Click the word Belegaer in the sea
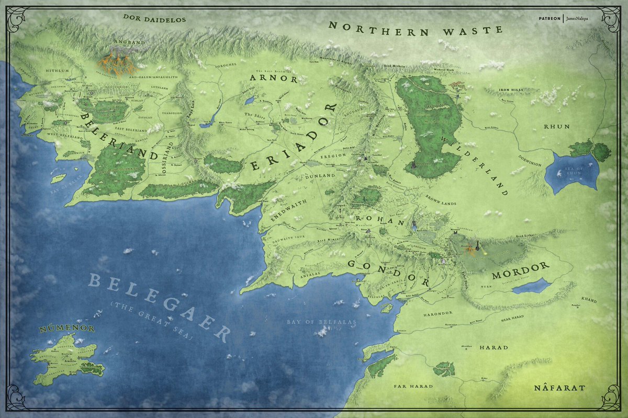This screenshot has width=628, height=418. click(x=160, y=306)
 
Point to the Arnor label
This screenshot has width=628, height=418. click(x=274, y=79)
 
